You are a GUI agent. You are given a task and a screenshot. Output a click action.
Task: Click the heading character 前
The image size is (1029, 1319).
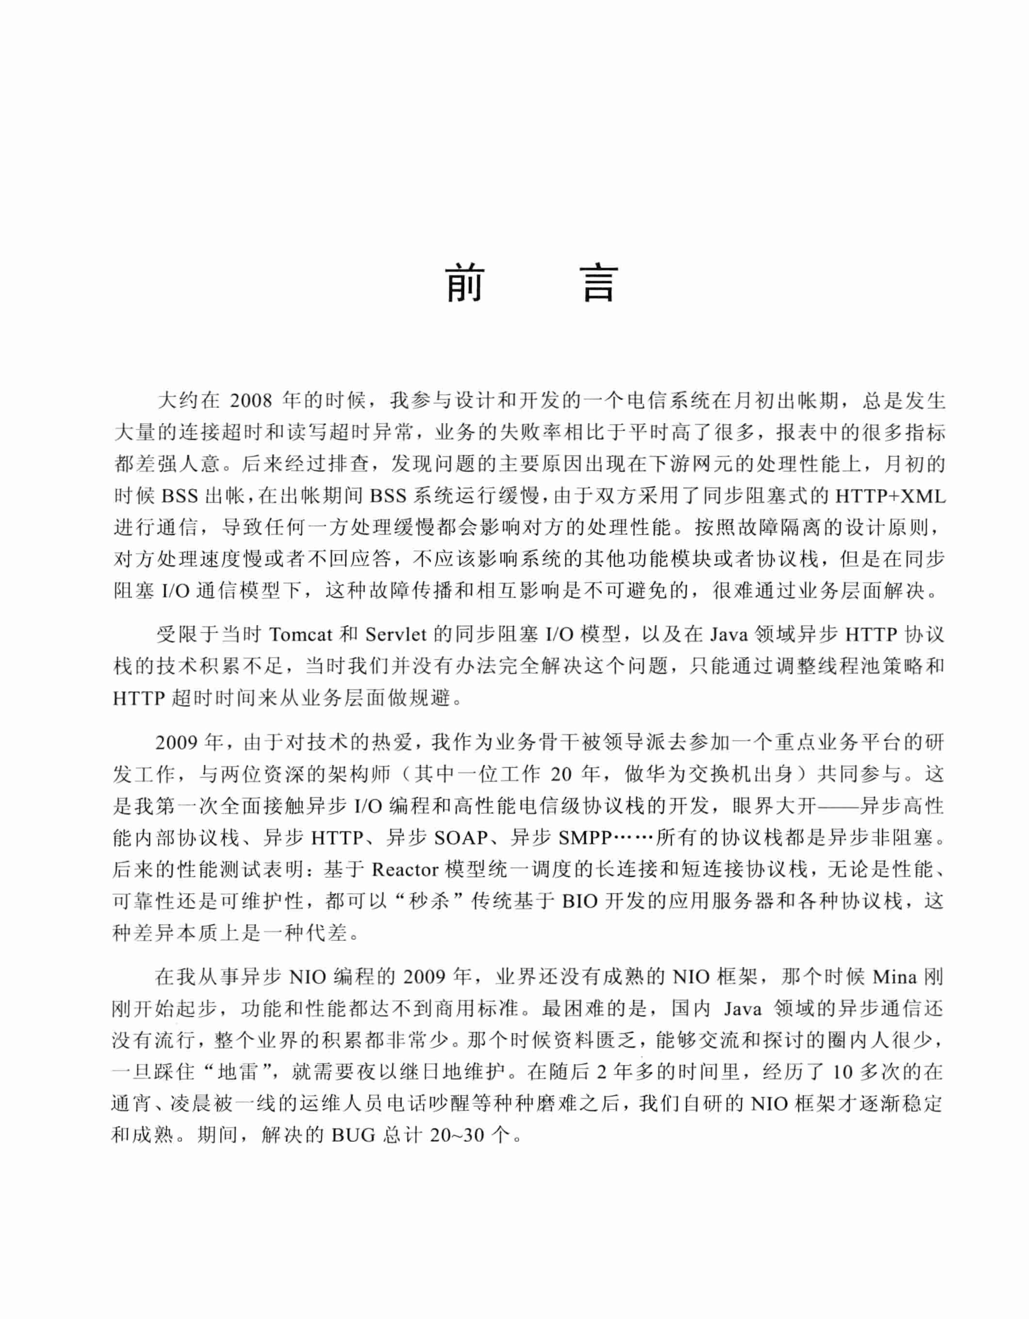coord(465,283)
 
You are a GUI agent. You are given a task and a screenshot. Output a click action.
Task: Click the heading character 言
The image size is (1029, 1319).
coord(600,283)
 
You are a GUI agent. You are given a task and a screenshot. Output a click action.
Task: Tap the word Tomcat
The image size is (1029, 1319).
coord(301,635)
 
